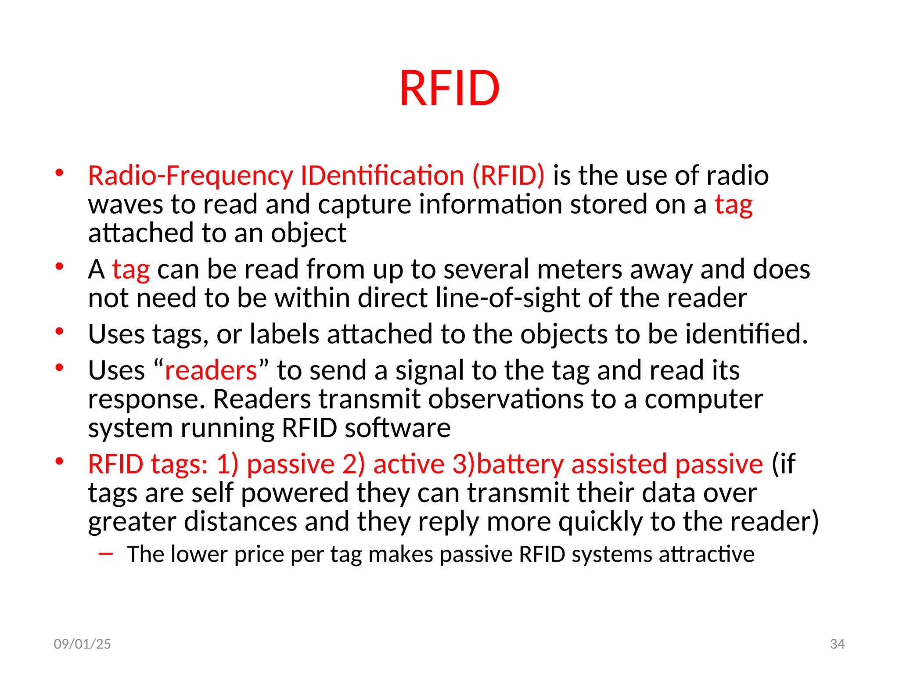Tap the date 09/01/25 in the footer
(x=82, y=644)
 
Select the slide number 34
(x=837, y=644)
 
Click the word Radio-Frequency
(x=191, y=176)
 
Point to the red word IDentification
(x=382, y=176)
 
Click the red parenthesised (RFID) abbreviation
(x=508, y=176)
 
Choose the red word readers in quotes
(x=211, y=370)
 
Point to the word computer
(x=704, y=399)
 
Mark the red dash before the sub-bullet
(x=106, y=554)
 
